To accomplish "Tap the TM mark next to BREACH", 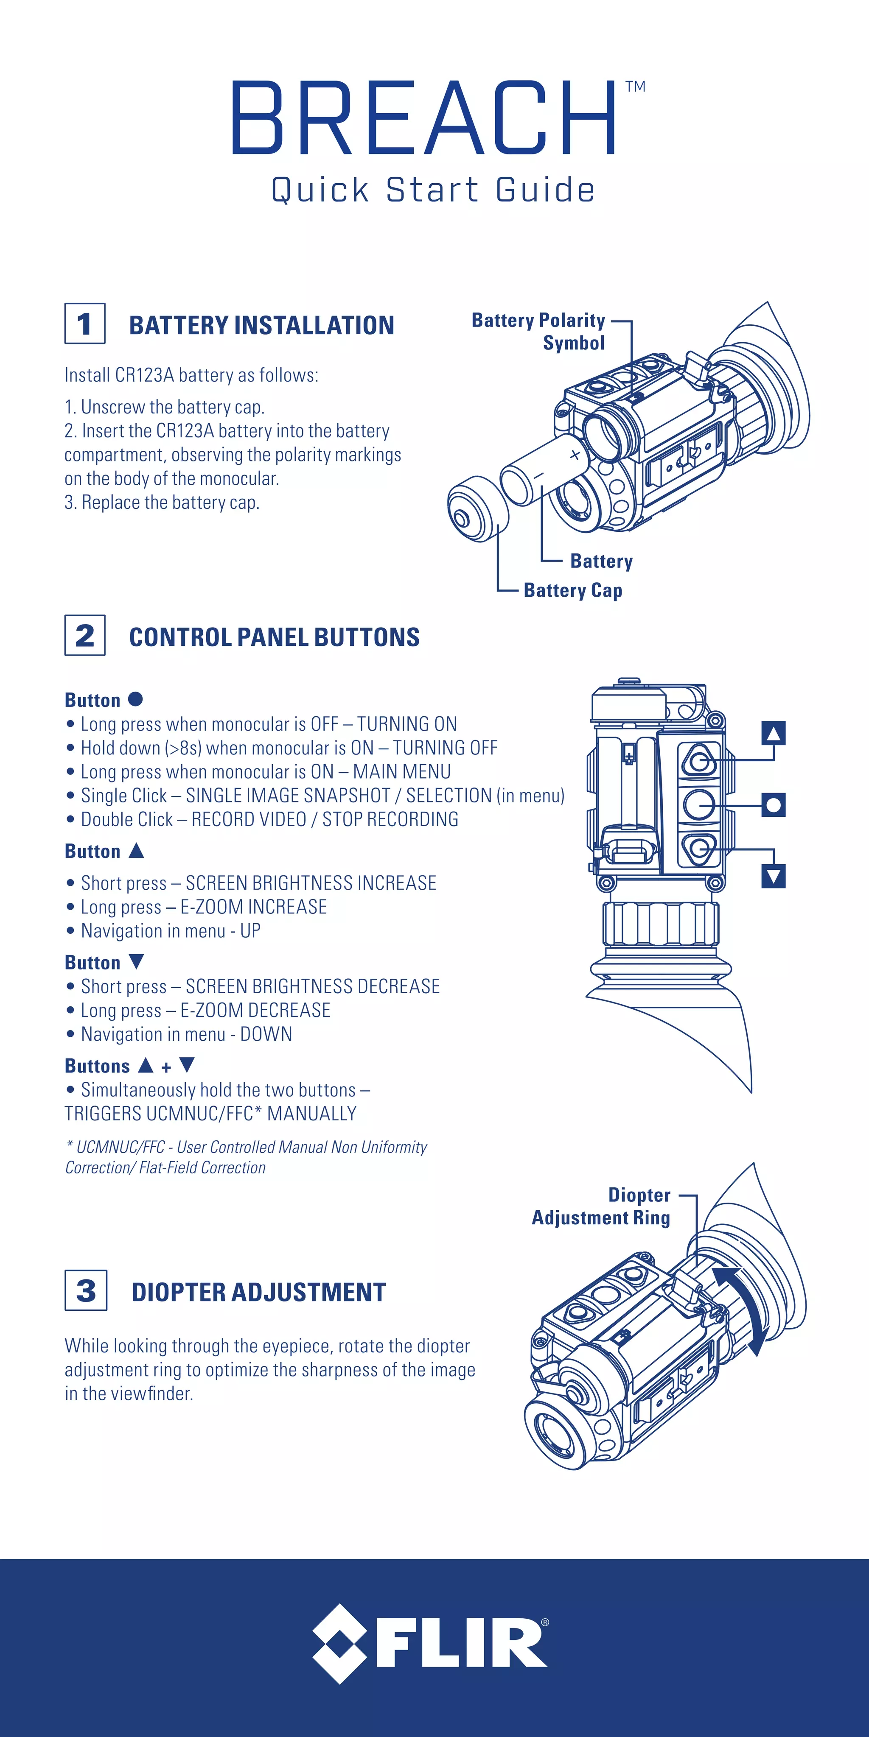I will click(635, 87).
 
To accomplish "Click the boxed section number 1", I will click(85, 324).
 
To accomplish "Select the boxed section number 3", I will click(86, 1290).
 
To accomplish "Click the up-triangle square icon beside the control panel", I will click(773, 733).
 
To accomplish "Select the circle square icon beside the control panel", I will click(773, 804).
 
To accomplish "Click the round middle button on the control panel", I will click(698, 804).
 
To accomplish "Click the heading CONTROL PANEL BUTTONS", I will click(274, 637).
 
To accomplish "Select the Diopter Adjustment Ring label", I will click(602, 1206).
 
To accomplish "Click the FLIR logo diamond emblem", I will click(339, 1643).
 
